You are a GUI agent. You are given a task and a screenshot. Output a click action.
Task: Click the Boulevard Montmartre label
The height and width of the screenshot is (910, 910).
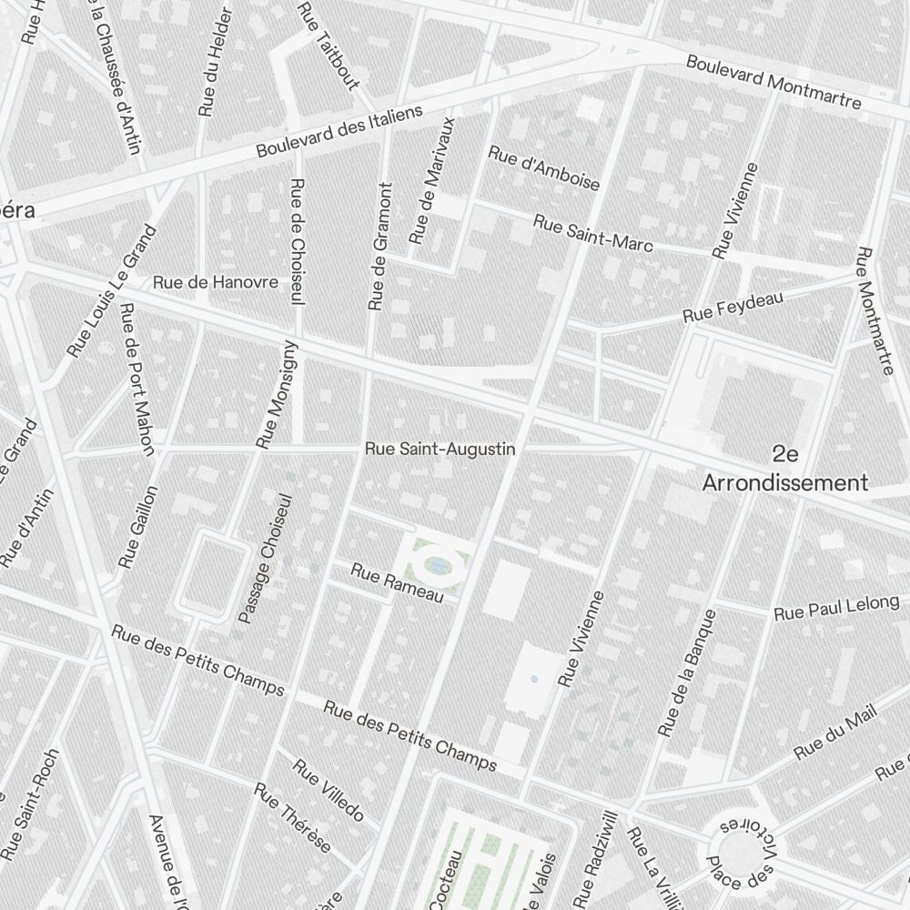(x=773, y=82)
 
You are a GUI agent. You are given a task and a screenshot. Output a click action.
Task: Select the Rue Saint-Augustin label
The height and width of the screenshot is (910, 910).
(x=440, y=449)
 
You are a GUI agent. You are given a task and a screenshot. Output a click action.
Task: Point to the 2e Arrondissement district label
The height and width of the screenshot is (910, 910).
(x=784, y=468)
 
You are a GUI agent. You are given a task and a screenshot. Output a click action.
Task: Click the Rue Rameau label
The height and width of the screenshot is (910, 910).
(x=397, y=582)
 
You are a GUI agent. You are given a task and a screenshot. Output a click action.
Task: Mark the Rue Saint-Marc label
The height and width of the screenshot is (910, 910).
(x=592, y=233)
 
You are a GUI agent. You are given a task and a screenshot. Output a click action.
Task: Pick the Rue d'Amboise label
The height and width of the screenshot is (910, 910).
(x=544, y=167)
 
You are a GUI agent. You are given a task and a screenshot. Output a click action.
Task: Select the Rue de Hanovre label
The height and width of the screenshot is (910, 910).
(x=216, y=282)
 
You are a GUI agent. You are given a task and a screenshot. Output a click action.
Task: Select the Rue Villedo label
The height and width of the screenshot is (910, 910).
(x=329, y=789)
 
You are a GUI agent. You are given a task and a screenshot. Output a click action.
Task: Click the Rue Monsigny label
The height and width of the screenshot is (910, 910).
(x=277, y=395)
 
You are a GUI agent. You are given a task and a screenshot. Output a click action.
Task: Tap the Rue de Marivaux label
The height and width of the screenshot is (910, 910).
(x=431, y=179)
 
